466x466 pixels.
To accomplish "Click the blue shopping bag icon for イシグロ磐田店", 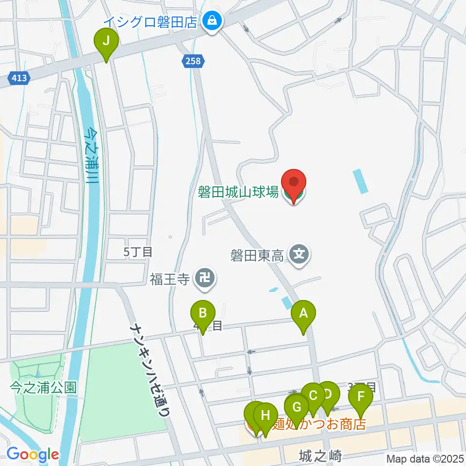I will pyautogui.click(x=212, y=20).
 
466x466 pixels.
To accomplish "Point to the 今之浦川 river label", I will pyautogui.click(x=90, y=155).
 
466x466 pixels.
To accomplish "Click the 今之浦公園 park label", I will pyautogui.click(x=43, y=388).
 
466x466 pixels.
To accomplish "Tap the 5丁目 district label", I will pyautogui.click(x=138, y=251).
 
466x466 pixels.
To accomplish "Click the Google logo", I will pyautogui.click(x=33, y=454).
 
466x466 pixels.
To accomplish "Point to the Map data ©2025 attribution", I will pyautogui.click(x=424, y=458).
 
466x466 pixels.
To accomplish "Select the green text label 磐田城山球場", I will pyautogui.click(x=238, y=192).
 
